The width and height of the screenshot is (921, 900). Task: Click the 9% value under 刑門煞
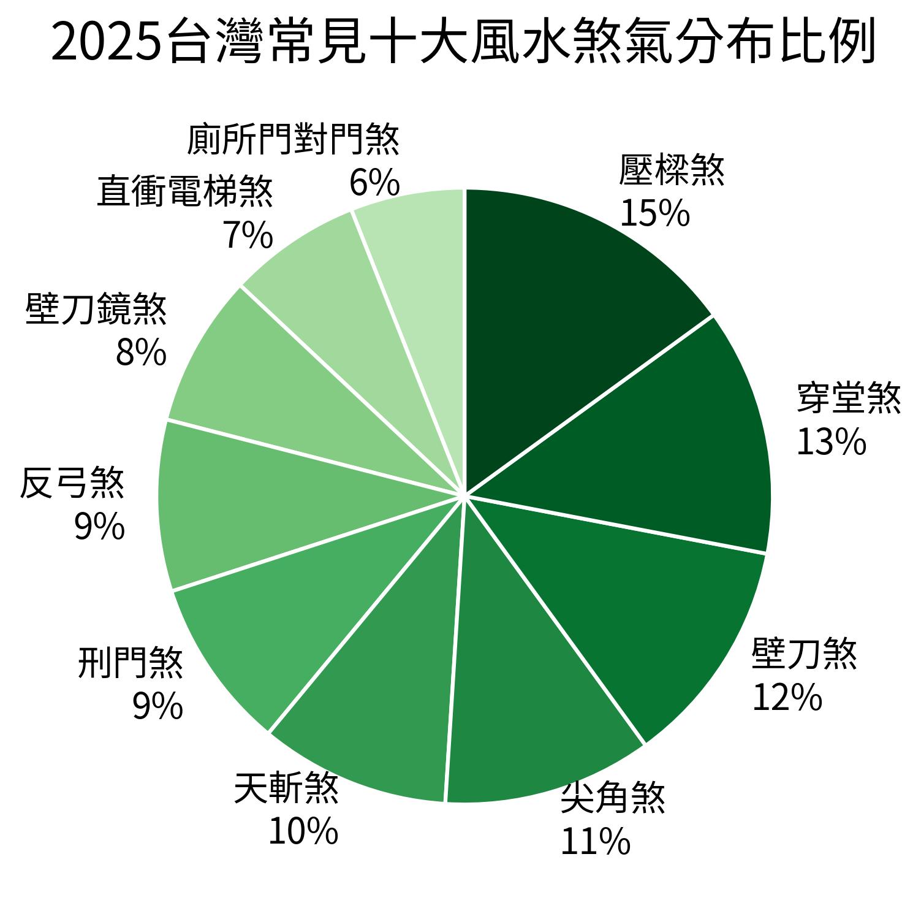(x=157, y=706)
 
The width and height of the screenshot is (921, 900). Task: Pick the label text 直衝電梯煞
(x=185, y=191)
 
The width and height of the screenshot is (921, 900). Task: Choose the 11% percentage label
(x=595, y=841)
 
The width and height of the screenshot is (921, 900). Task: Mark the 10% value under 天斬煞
(x=303, y=831)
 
